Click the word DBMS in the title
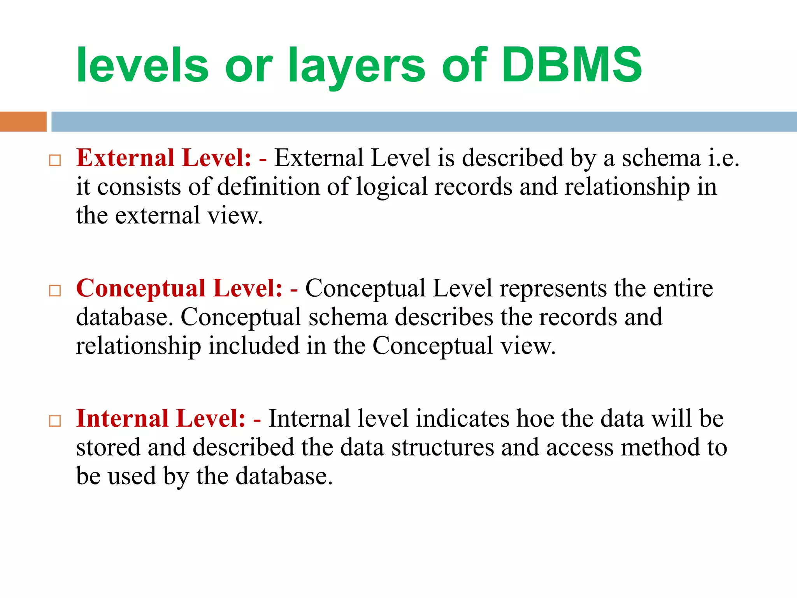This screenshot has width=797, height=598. coord(572,65)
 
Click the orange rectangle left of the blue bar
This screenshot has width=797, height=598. coord(23,121)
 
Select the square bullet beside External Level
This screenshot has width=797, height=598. coord(55,160)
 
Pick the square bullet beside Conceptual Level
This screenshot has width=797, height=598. coord(55,290)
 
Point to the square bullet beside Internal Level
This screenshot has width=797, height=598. coord(55,421)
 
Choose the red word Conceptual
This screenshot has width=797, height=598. coord(140,289)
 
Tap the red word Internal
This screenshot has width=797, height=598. coord(122,419)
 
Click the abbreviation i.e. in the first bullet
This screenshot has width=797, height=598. coord(723,158)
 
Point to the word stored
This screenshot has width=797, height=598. coord(108,448)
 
